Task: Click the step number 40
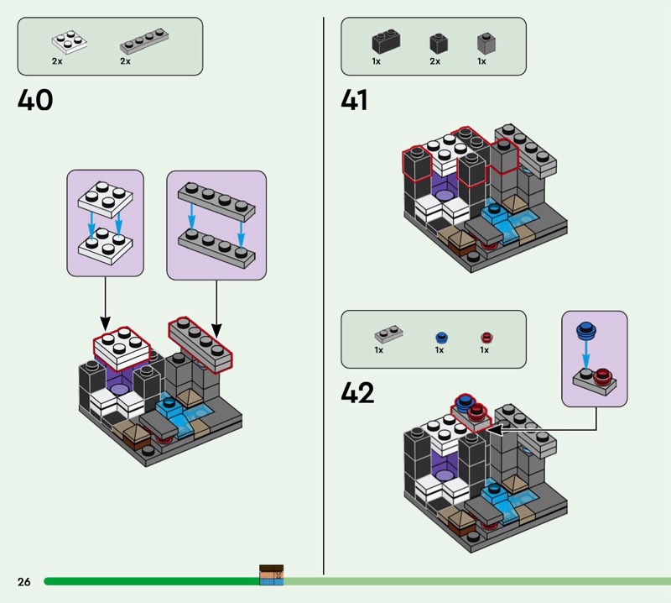pyautogui.click(x=35, y=101)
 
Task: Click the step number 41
pyautogui.click(x=354, y=101)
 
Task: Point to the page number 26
pyautogui.click(x=23, y=582)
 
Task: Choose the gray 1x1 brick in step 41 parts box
pyautogui.click(x=485, y=43)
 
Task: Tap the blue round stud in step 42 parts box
pyautogui.click(x=441, y=338)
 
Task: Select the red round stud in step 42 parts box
pyautogui.click(x=486, y=338)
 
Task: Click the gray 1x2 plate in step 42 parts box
pyautogui.click(x=388, y=335)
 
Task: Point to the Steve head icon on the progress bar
pyautogui.click(x=271, y=575)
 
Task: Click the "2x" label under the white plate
pyautogui.click(x=57, y=62)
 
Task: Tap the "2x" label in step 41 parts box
pyautogui.click(x=434, y=62)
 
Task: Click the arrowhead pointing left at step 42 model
pyautogui.click(x=492, y=430)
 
